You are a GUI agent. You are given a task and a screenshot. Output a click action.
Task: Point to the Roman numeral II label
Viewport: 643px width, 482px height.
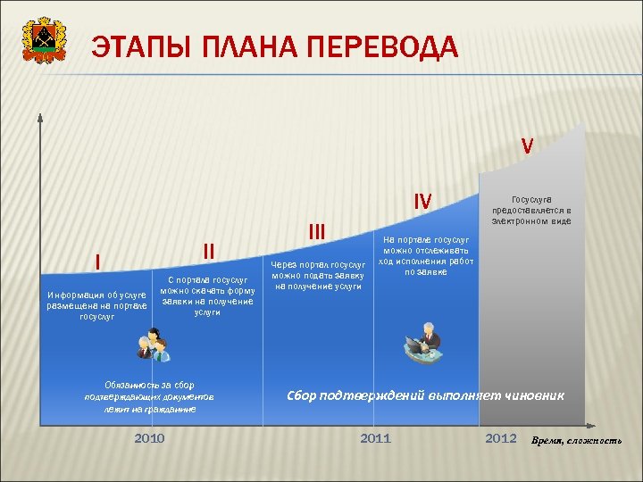click(x=208, y=249)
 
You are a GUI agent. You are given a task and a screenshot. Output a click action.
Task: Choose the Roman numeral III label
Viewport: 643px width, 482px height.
click(x=317, y=231)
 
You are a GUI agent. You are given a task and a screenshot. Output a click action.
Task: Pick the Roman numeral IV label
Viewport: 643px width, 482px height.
click(x=422, y=203)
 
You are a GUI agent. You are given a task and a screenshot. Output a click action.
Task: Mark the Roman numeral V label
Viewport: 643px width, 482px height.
click(x=528, y=145)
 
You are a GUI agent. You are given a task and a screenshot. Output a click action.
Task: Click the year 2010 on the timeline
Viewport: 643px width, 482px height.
click(x=149, y=438)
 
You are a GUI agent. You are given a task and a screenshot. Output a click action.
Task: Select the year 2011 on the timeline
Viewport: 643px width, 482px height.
click(x=374, y=438)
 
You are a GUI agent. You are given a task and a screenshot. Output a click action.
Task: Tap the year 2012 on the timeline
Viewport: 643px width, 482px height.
click(x=500, y=438)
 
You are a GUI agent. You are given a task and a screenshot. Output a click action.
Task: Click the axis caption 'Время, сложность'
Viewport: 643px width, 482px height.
click(x=576, y=441)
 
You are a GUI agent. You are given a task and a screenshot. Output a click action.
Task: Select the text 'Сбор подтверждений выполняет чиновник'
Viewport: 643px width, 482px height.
click(x=424, y=395)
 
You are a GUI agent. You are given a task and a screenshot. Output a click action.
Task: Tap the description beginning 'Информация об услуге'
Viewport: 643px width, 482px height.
click(x=96, y=305)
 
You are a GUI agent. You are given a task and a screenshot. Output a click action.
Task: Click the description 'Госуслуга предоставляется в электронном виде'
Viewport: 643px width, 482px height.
click(x=531, y=211)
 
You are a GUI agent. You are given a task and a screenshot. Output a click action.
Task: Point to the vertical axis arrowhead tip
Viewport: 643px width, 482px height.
click(x=39, y=115)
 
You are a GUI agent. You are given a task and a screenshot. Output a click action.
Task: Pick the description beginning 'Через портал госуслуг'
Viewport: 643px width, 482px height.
click(x=318, y=276)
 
